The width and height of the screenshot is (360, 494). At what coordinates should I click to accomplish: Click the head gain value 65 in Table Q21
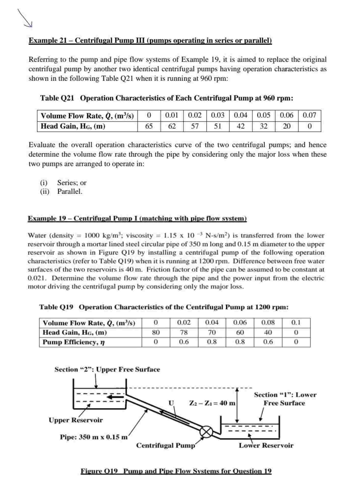[x=149, y=126]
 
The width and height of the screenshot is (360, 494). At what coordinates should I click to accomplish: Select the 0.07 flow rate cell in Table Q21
[x=309, y=115]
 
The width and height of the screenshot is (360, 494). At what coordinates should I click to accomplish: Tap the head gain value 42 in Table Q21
[x=241, y=126]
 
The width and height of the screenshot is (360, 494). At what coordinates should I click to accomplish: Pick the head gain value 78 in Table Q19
[x=184, y=333]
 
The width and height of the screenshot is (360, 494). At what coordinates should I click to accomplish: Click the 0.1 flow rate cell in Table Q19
[x=296, y=323]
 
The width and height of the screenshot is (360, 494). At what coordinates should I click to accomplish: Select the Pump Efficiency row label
[x=73, y=342]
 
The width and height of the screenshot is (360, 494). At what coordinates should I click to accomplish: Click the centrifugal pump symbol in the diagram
[x=206, y=432]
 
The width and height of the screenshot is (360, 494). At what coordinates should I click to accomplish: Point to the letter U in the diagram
[x=171, y=403]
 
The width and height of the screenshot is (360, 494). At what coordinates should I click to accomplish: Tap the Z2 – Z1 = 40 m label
[x=212, y=403]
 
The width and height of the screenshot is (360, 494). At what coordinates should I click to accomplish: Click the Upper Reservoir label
[x=76, y=420]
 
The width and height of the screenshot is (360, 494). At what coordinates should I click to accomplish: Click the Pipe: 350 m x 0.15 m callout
[x=94, y=437]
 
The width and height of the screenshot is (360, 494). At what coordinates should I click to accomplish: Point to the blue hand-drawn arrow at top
[x=25, y=18]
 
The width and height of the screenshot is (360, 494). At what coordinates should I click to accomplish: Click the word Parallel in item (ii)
[x=70, y=192]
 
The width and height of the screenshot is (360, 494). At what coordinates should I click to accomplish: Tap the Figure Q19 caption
[x=176, y=471]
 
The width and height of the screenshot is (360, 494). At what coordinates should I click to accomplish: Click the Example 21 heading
[x=150, y=41]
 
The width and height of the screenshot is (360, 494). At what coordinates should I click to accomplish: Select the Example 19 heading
[x=137, y=219]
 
